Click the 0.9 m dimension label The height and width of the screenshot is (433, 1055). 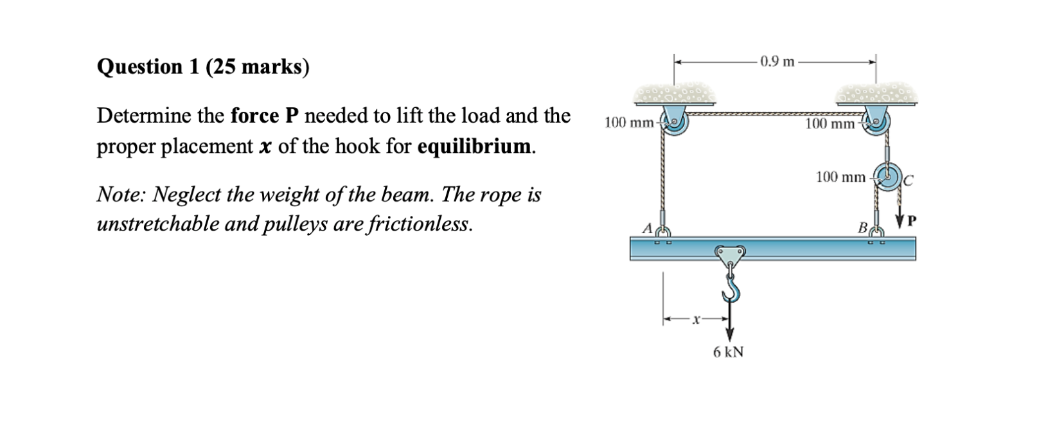[x=776, y=62]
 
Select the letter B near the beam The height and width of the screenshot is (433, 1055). [x=863, y=227]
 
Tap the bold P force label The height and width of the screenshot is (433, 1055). [x=912, y=221]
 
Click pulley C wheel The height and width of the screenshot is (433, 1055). [x=890, y=176]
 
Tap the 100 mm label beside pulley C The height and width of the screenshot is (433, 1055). [x=840, y=176]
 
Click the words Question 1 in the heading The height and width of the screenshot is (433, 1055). [x=148, y=67]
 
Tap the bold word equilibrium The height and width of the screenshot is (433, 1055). [x=475, y=146]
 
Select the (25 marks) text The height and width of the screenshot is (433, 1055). [x=258, y=67]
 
